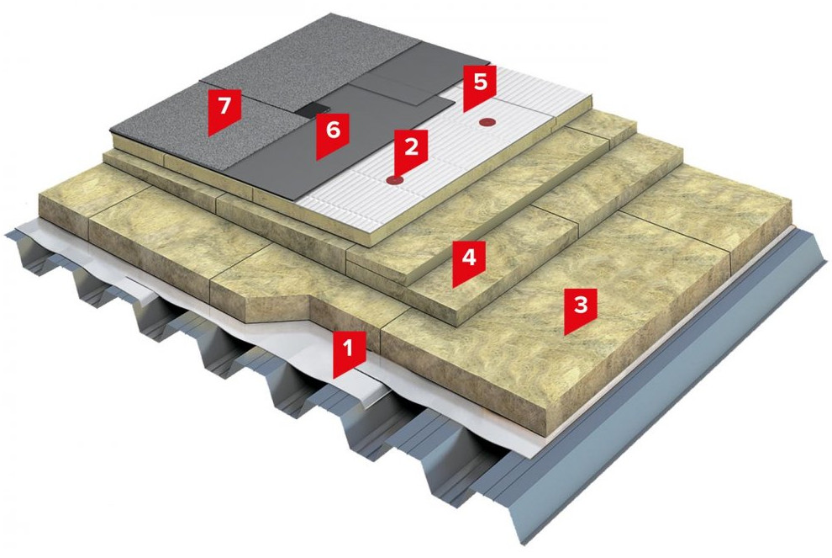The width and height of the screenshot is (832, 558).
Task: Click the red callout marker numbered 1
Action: (348, 353)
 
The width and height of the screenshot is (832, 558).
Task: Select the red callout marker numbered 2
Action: (412, 151)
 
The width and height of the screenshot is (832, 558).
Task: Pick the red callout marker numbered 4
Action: (469, 262)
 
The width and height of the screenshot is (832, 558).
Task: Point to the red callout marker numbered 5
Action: (480, 87)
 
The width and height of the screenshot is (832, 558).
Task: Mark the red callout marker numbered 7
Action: (225, 110)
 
